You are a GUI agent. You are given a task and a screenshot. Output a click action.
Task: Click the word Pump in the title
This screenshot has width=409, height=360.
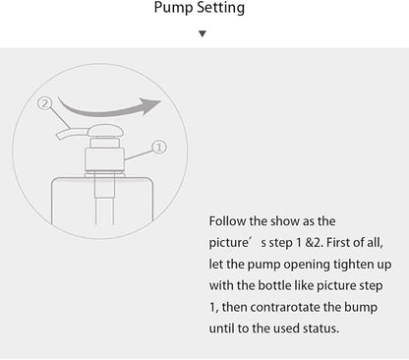click(173, 8)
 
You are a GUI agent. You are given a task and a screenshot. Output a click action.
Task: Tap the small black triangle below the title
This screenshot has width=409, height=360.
click(203, 33)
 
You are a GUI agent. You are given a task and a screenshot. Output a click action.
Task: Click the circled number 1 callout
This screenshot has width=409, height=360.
click(159, 148)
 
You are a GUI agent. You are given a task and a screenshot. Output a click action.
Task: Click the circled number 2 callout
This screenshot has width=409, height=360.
click(45, 103)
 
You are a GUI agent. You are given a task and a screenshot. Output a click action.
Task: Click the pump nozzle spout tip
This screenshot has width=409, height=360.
click(60, 135)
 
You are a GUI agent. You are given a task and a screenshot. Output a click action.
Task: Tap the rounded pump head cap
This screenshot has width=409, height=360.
click(105, 131)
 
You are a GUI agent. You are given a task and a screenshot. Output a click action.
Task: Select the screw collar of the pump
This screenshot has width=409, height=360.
click(105, 159)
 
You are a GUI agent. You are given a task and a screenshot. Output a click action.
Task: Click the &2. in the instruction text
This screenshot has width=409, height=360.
click(314, 243)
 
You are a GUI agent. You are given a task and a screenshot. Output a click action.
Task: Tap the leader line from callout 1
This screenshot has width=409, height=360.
click(139, 155)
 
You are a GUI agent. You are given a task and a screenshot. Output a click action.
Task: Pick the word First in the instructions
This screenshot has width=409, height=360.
click(337, 243)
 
